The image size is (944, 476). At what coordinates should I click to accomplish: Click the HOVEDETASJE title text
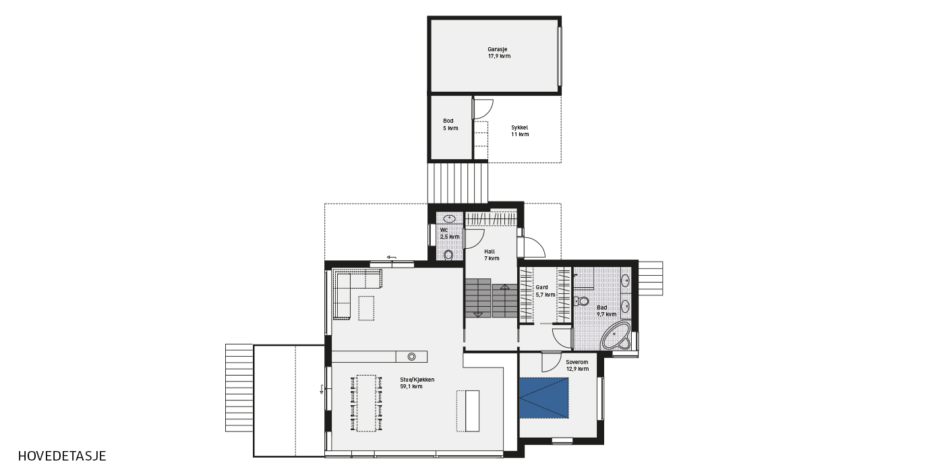pyautogui.click(x=62, y=456)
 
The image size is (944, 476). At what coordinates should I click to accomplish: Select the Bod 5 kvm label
pyautogui.click(x=450, y=124)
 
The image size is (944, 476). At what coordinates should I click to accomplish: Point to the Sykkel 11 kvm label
pyautogui.click(x=520, y=131)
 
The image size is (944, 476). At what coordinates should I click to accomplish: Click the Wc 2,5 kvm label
pyautogui.click(x=450, y=233)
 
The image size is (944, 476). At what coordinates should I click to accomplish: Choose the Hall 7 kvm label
pyautogui.click(x=492, y=255)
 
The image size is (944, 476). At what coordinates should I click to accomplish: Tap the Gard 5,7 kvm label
pyautogui.click(x=545, y=291)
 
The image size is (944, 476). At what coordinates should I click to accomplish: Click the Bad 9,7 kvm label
pyautogui.click(x=606, y=311)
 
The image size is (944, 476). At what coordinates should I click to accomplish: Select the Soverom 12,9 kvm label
pyautogui.click(x=577, y=365)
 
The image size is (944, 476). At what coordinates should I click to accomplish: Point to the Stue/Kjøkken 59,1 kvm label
pyautogui.click(x=417, y=383)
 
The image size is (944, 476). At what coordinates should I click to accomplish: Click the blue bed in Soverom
pyautogui.click(x=543, y=398)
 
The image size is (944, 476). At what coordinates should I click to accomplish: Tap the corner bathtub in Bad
pyautogui.click(x=616, y=336)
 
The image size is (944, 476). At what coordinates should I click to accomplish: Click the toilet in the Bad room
pyautogui.click(x=582, y=301)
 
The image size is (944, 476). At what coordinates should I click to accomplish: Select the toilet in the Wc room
pyautogui.click(x=448, y=255)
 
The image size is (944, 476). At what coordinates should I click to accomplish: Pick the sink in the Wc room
pyautogui.click(x=450, y=218)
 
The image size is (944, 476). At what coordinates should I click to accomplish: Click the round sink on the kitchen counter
pyautogui.click(x=412, y=357)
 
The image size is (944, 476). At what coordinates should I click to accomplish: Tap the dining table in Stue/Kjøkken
pyautogui.click(x=366, y=403)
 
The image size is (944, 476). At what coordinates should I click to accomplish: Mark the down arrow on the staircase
pyautogui.click(x=478, y=314)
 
